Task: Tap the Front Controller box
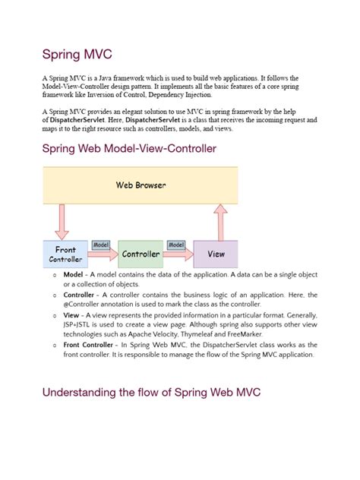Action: click(65, 254)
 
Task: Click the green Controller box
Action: click(141, 254)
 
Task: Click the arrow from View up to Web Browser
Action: click(221, 222)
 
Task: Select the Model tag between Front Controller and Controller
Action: click(101, 245)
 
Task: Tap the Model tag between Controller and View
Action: click(176, 245)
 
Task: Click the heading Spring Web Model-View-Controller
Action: click(129, 149)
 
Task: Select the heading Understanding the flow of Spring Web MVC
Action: click(152, 392)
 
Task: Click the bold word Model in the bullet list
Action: click(74, 274)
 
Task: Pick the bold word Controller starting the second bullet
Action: click(79, 295)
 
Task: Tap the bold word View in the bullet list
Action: click(71, 314)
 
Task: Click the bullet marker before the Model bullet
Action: click(55, 275)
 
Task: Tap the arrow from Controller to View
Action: click(179, 255)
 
